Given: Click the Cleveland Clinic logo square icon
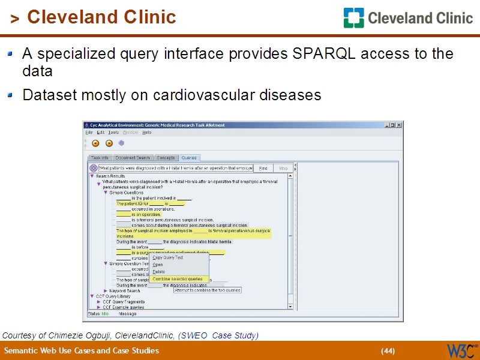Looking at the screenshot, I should (x=353, y=18).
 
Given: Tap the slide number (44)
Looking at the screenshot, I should (x=388, y=351).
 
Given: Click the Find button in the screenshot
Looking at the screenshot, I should (x=263, y=169).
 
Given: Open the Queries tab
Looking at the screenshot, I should (x=189, y=158).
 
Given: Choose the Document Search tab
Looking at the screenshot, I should (x=133, y=158).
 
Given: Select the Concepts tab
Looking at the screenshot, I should (x=166, y=158).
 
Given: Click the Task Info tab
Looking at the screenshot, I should (x=100, y=158).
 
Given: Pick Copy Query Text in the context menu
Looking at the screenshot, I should (x=168, y=257).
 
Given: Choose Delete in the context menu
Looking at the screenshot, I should (x=159, y=272).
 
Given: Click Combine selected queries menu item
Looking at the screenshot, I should (x=178, y=279).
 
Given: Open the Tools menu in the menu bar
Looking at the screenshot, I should (x=113, y=132).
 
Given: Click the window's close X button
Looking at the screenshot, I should (x=399, y=125).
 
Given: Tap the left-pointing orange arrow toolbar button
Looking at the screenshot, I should (x=95, y=143).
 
